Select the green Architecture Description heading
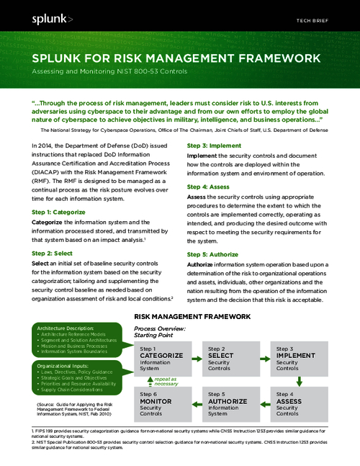click(x=67, y=328)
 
